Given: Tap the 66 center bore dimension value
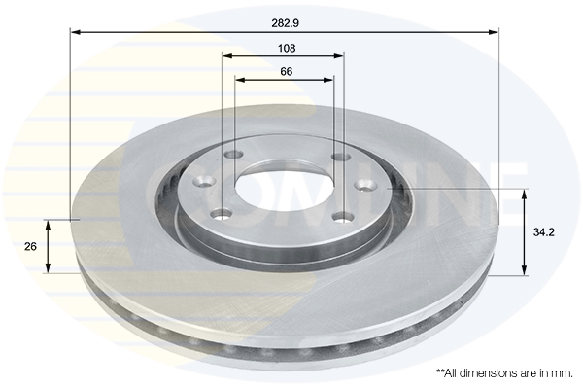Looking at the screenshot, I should (286, 71).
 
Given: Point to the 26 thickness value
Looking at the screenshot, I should (30, 247).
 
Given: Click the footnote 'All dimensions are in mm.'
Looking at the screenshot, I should (504, 372).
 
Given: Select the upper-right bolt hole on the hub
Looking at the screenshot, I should (340, 157).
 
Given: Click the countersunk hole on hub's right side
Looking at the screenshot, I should (366, 184).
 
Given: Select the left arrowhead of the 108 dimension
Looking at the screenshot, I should (226, 56).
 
